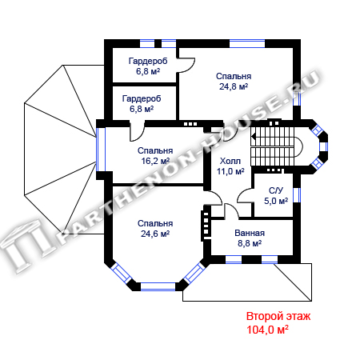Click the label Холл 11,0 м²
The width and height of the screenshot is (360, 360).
point(230,166)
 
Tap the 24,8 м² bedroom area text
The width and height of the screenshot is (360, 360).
point(234,86)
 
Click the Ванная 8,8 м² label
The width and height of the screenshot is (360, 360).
point(250,238)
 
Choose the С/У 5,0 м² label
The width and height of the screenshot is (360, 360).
point(276,196)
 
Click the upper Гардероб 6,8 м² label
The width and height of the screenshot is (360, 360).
point(148,66)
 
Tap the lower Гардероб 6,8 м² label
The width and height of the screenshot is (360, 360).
point(142,104)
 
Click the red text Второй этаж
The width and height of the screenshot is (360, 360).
point(278,317)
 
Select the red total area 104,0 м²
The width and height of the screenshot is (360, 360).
point(267,330)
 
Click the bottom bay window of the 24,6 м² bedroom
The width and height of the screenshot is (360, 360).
point(158,286)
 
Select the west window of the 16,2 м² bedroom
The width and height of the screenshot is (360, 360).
point(101,150)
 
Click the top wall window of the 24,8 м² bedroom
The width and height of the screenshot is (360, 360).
point(247,43)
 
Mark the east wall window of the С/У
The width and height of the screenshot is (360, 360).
point(297,195)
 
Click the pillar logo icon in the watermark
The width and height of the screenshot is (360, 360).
point(26,246)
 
